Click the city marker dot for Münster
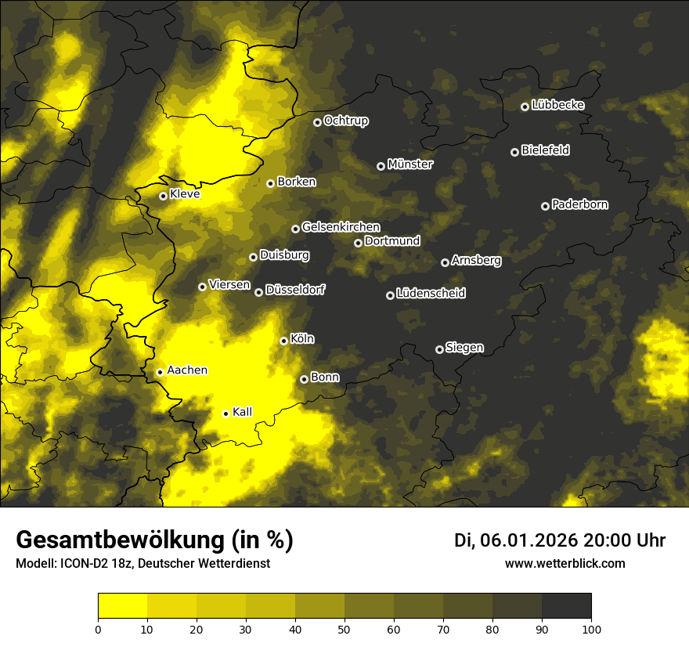point(381,166)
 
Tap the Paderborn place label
point(579,204)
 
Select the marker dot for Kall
point(226,413)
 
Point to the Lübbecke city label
point(557,105)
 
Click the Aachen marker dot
point(160,372)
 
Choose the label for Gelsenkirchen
point(341,227)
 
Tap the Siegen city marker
point(439,349)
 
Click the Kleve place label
point(185,194)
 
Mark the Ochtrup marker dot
point(317,122)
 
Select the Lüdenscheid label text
point(431,294)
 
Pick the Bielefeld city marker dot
point(514,152)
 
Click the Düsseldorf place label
point(294,290)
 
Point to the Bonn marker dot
point(305,379)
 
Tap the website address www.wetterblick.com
point(565,563)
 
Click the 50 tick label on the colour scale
point(344,629)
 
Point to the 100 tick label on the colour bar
point(591,629)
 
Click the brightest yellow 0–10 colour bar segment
point(123,605)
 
